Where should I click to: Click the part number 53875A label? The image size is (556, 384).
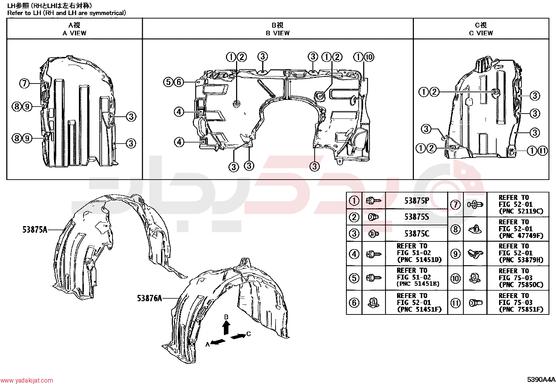click(35, 230)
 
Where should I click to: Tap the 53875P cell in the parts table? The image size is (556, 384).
click(417, 201)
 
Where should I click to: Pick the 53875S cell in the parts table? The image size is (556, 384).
click(417, 217)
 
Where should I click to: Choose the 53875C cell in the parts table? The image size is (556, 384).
click(417, 233)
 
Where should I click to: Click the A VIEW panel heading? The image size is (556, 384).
click(74, 29)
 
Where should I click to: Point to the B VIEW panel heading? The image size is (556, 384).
click(278, 29)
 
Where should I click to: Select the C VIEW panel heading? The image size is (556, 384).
click(481, 29)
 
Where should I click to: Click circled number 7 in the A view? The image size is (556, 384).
click(24, 83)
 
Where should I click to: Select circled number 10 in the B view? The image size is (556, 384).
click(369, 57)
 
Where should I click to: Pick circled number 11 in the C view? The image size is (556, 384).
click(543, 151)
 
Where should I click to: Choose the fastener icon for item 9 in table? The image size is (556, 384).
click(475, 254)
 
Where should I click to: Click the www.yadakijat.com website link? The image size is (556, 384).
click(27, 380)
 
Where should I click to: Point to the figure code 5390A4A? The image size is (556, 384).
click(541, 379)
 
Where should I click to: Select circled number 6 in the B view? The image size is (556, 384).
click(179, 82)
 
